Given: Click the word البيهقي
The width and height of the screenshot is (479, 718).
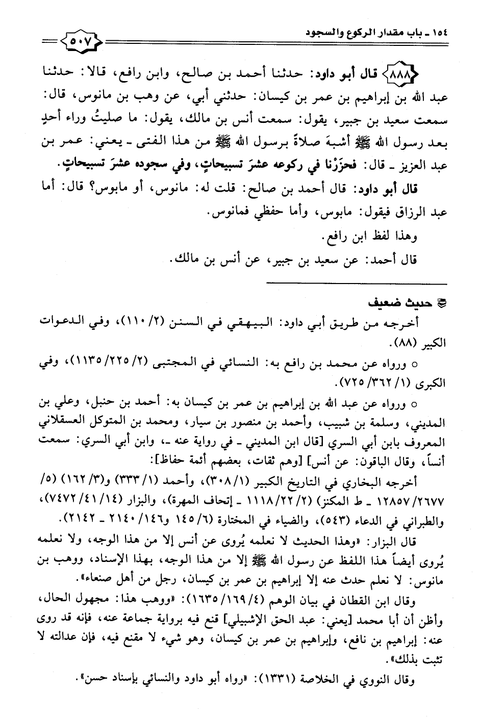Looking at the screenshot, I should coord(278,323).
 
